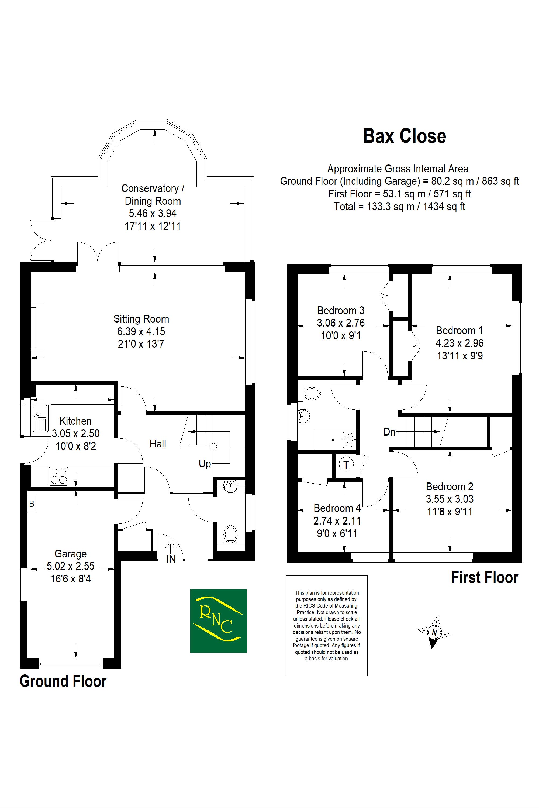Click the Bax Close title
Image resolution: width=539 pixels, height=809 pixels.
click(404, 136)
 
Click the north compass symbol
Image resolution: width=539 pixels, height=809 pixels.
click(434, 632)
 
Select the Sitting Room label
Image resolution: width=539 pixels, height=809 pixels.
click(141, 319)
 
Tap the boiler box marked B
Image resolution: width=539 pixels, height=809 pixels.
click(32, 504)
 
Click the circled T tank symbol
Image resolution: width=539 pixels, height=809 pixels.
click(346, 465)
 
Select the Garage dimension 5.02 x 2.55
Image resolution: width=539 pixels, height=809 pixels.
click(70, 566)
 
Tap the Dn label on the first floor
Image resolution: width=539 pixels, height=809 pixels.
click(389, 432)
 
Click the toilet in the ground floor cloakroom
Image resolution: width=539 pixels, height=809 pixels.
click(230, 535)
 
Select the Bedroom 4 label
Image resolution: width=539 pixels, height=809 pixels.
click(337, 508)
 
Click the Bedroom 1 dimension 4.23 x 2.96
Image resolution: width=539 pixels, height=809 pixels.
click(459, 343)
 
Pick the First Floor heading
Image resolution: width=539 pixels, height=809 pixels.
click(484, 578)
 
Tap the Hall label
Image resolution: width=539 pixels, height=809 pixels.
click(158, 444)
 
